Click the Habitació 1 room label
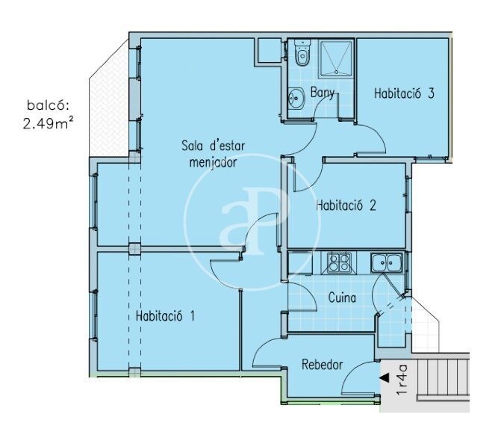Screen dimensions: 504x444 tap(165, 316)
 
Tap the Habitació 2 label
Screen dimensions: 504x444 tap(346, 205)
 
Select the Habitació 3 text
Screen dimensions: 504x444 tap(405, 93)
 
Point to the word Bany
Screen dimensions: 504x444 tap(323, 93)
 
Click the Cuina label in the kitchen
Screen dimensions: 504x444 tap(342, 297)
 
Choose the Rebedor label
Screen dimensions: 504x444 tap(322, 365)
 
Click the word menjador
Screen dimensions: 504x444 tap(213, 162)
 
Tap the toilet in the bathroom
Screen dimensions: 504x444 tap(302, 52)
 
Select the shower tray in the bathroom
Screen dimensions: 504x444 tap(335, 58)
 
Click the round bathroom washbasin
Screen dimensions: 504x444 tap(296, 98)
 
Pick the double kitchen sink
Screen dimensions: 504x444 tap(386, 263)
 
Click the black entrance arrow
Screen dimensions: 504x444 tap(385, 377)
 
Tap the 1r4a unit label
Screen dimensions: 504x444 tap(402, 380)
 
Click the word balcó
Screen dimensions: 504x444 tap(48, 105)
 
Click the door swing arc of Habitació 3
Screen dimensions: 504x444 tap(376, 136)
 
